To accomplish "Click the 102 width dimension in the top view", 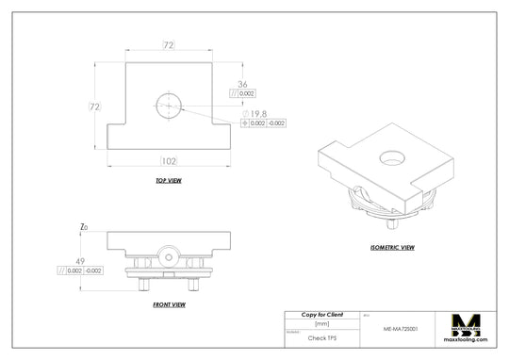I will (x=170, y=162).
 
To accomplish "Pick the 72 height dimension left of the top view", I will (x=94, y=106).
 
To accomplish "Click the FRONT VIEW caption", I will (x=169, y=304).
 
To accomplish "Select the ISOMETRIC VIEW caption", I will (x=393, y=247).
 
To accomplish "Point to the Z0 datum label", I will (x=84, y=228).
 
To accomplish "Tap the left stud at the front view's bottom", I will (x=144, y=281).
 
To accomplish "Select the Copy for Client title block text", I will (x=321, y=314).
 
